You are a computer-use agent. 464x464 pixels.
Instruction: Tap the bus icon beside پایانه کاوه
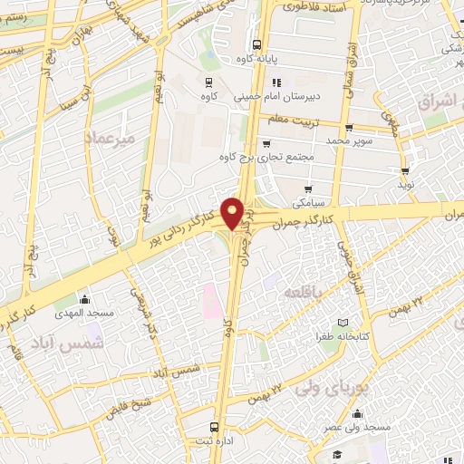click(x=257, y=43)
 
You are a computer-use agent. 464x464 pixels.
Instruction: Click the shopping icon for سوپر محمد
click(x=349, y=128)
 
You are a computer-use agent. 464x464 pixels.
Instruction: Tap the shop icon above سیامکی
click(x=309, y=188)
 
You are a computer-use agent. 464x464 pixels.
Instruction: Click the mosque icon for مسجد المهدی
click(x=86, y=299)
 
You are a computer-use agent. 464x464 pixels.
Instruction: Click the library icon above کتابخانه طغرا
click(x=342, y=323)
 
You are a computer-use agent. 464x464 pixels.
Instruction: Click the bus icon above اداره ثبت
click(x=215, y=426)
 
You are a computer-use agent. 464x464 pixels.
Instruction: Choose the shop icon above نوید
click(x=404, y=169)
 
